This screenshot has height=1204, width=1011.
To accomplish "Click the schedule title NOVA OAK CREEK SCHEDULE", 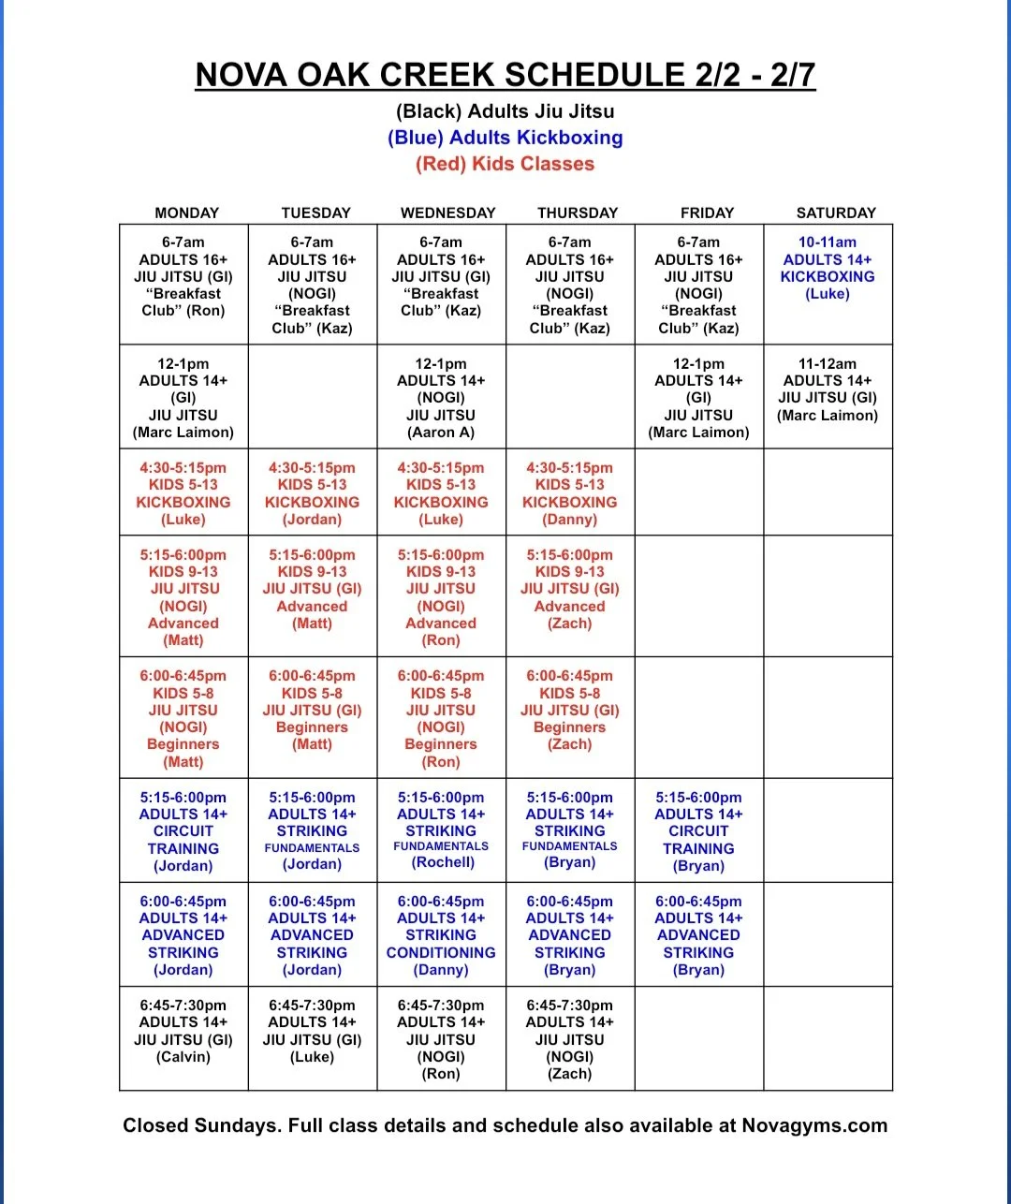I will click(505, 75).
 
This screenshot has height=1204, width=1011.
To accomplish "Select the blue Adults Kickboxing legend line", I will click(505, 138).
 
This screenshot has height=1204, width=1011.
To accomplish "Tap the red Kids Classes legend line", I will click(505, 164).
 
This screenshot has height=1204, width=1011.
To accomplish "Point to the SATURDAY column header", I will click(835, 213).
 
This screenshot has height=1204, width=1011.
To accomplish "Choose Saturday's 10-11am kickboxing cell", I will click(828, 269).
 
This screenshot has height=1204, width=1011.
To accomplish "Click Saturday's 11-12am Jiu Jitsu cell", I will click(828, 389).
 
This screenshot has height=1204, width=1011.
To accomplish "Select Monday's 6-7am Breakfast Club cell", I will click(183, 277).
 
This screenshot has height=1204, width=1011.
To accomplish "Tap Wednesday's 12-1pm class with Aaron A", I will click(441, 398).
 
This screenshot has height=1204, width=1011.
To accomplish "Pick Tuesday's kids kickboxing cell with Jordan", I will click(313, 493).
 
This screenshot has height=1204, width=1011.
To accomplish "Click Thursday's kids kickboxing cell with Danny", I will click(570, 493).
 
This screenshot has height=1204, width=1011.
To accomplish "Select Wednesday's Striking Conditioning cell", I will click(441, 935).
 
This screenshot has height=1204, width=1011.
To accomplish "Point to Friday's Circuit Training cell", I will click(698, 831).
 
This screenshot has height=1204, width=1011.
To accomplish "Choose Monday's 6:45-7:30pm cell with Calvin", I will click(183, 1031).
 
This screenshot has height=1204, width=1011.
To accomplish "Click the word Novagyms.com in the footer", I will click(814, 1125).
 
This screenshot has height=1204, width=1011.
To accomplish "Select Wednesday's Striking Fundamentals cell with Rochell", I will click(441, 830).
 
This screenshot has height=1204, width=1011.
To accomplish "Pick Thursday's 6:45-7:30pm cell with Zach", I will click(570, 1039).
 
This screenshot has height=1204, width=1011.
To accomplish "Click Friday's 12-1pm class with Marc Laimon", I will click(698, 398).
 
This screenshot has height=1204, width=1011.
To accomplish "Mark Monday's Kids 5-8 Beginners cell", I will click(183, 718).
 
